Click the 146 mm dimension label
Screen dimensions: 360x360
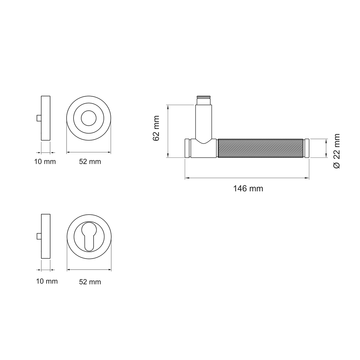pos(248,188)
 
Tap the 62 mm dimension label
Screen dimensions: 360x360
pos(156,128)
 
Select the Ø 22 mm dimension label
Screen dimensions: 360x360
pos(337,151)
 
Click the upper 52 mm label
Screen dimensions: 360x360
pos(90,162)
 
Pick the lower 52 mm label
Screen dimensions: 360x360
pos(90,282)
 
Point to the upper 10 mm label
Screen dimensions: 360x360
pos(45,162)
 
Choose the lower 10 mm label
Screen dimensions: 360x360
pos(47,281)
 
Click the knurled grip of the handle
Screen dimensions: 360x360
pos(261,148)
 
